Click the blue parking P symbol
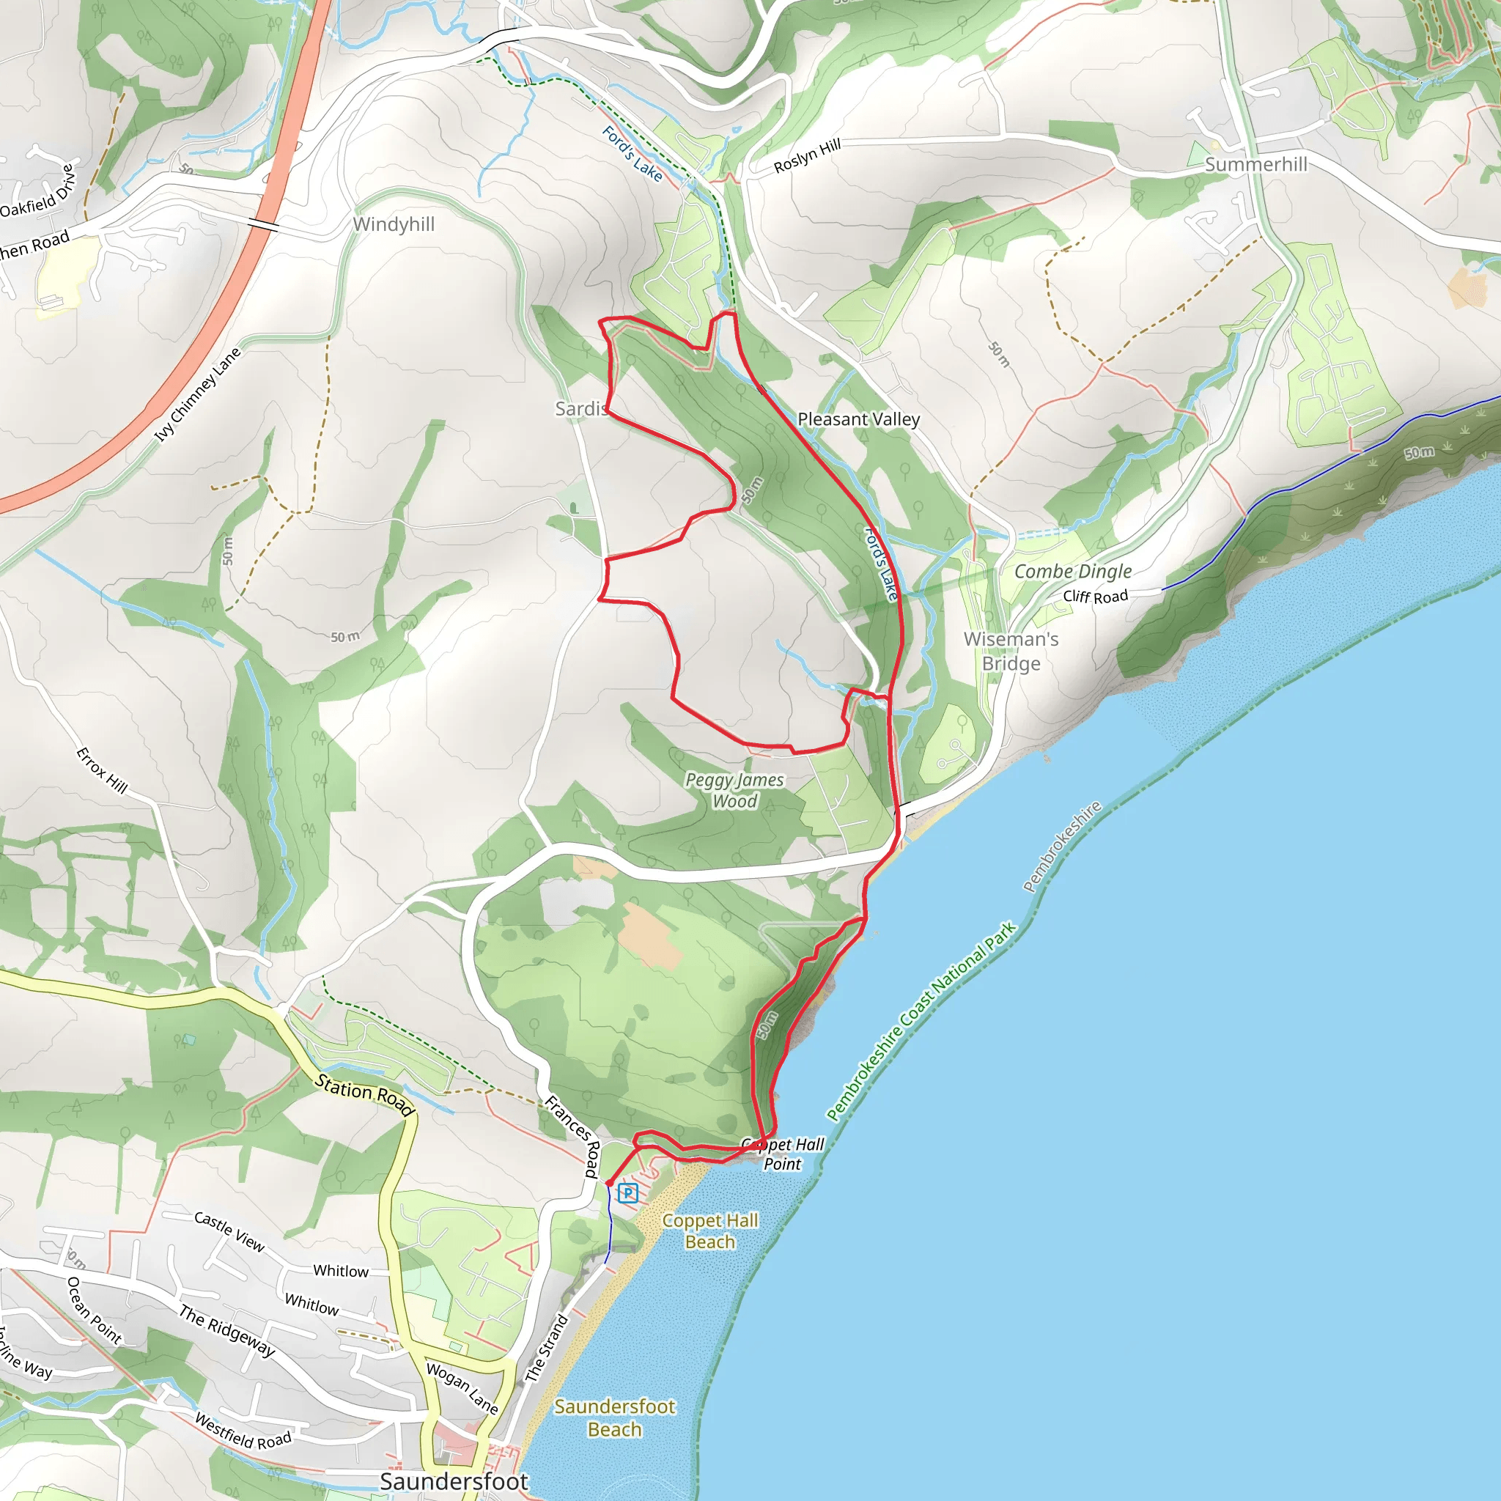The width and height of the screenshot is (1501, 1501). pos(628,1192)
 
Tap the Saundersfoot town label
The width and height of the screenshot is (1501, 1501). pos(454,1481)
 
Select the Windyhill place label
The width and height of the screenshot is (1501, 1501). pos(393,224)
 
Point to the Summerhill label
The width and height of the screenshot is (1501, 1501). pos(1255,164)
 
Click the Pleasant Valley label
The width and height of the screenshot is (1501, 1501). pos(858,419)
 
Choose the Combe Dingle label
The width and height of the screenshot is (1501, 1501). pos(1073,571)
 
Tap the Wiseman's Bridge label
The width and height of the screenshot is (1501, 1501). pos(1011,651)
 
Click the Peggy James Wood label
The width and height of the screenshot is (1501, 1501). pos(734,790)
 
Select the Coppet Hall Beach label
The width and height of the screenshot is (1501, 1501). pos(709,1231)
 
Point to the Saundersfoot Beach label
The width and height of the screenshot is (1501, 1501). pos(614,1418)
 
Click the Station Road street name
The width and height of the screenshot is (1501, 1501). pos(364,1095)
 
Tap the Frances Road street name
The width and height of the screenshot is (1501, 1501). pos(573,1136)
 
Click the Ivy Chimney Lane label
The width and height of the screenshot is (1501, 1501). pos(197,395)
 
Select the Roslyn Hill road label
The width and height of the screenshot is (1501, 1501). pos(807,155)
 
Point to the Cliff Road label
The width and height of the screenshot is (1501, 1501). pos(1095,596)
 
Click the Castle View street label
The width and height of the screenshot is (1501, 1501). pos(229,1231)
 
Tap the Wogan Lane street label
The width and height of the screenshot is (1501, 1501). pos(462,1387)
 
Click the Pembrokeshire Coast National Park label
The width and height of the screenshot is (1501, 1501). pos(921,1022)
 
